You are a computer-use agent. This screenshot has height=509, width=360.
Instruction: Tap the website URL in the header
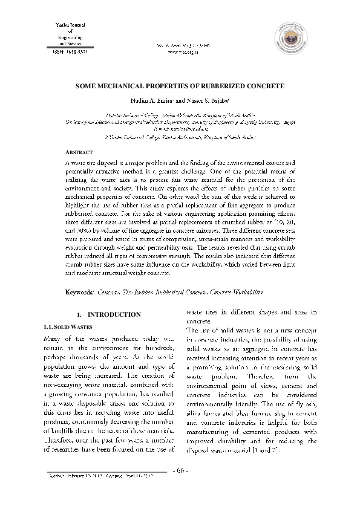(x=180, y=52)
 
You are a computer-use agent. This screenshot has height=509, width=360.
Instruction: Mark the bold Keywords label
(x=79, y=293)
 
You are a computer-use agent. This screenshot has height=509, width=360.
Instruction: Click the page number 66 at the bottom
(x=180, y=471)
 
